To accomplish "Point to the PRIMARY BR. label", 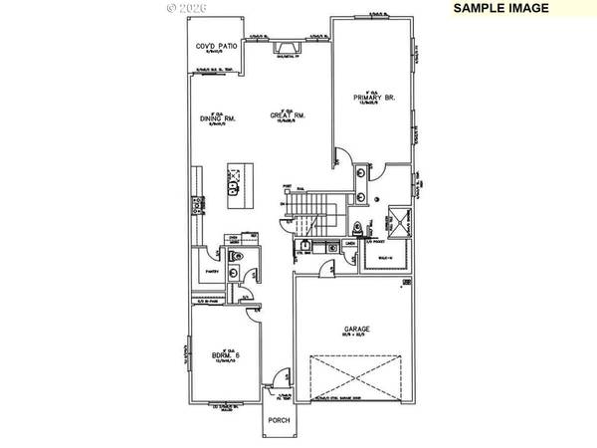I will pos(374,98).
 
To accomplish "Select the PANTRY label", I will pos(211,269).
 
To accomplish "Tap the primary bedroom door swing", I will pos(340,156).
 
